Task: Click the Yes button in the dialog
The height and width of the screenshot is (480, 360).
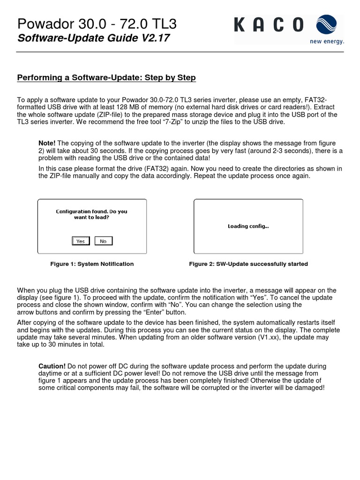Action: (81, 241)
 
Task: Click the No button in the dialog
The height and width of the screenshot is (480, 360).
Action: (103, 241)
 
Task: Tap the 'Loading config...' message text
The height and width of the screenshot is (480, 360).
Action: (248, 226)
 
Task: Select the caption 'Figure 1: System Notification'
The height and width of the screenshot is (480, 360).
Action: (92, 264)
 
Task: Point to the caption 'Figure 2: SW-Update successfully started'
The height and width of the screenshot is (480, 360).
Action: (248, 264)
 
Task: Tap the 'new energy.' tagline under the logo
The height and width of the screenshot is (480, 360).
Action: (327, 41)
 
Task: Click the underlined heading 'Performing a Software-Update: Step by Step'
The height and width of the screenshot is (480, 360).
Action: (106, 77)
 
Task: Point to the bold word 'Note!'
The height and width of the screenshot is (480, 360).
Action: (47, 142)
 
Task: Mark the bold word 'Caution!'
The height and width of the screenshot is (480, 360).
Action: (52, 366)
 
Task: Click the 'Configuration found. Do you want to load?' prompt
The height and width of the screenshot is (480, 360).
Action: (91, 214)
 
